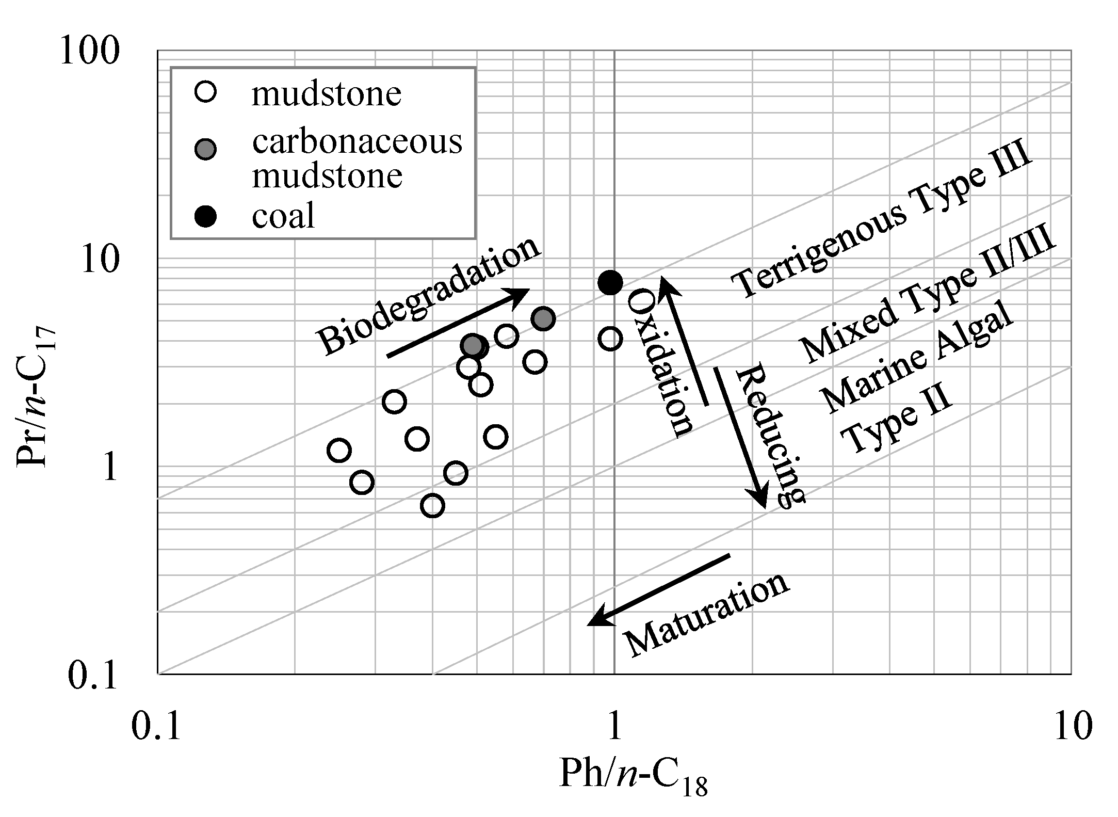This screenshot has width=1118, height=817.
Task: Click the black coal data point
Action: click(x=610, y=282)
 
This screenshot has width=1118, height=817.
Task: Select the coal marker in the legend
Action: click(x=206, y=216)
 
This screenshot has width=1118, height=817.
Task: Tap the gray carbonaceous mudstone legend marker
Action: click(x=206, y=149)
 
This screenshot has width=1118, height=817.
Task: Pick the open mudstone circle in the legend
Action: click(x=206, y=93)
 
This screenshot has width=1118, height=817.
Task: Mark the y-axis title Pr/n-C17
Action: click(x=34, y=400)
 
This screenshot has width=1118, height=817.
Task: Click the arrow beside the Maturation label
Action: click(x=659, y=589)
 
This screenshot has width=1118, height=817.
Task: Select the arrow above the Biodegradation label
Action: click(x=459, y=323)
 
